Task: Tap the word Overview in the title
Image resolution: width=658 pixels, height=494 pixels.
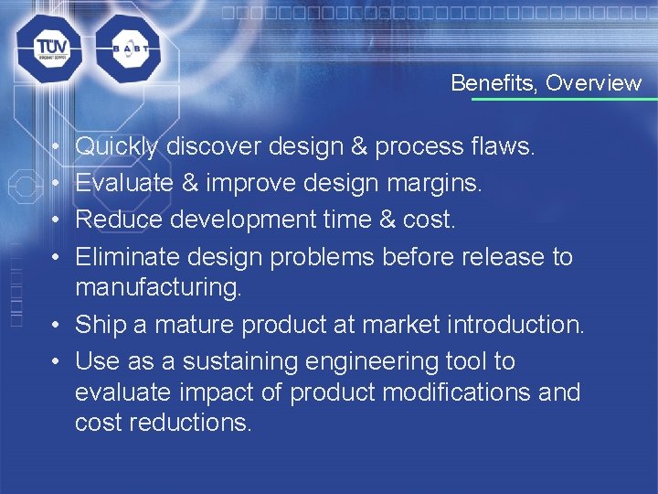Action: [x=594, y=83]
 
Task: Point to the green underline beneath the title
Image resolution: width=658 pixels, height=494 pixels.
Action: [x=557, y=99]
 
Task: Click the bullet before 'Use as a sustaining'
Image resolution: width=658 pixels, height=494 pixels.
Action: [x=56, y=362]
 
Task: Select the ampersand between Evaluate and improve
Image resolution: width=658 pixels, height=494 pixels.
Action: [x=189, y=183]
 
